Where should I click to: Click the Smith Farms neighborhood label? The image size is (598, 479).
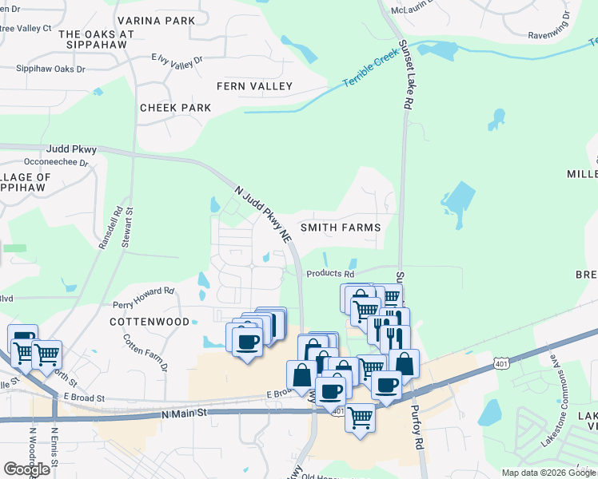tap(340, 228)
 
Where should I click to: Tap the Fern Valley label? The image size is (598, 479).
tap(255, 86)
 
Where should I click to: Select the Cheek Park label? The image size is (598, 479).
tap(175, 108)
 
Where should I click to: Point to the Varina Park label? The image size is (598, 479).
tap(156, 21)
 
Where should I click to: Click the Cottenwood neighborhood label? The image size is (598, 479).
tap(150, 322)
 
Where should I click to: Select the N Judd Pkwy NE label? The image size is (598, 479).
tap(263, 214)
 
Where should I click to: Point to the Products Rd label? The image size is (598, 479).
tap(330, 274)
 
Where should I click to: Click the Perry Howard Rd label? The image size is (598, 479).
tap(144, 298)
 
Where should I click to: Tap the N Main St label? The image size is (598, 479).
tap(184, 414)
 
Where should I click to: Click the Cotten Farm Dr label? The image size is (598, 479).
tap(145, 352)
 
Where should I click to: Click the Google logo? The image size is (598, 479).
tap(27, 469)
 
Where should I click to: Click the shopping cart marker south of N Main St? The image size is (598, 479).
tap(361, 418)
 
